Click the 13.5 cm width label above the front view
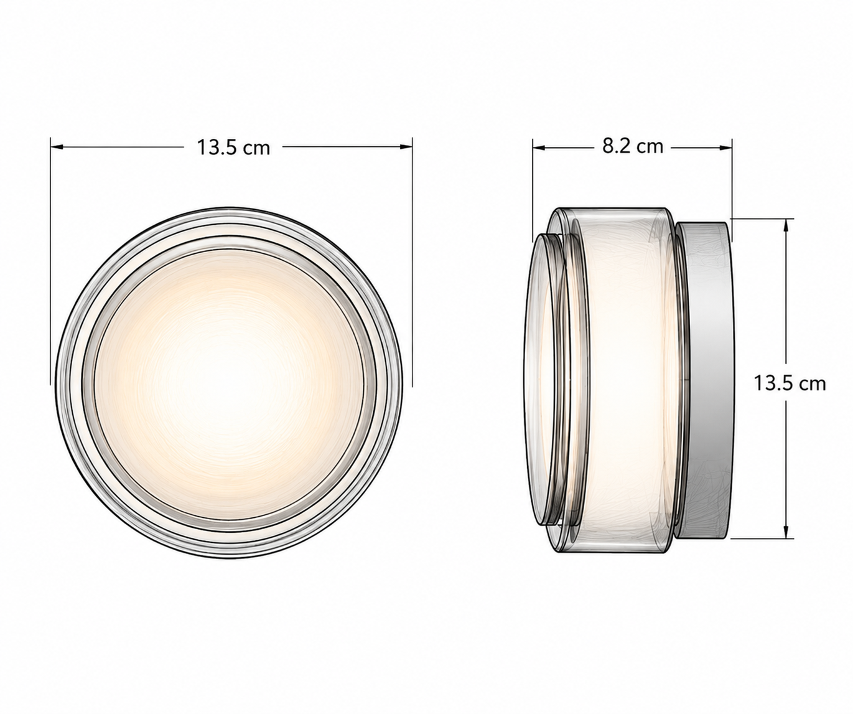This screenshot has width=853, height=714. (x=233, y=148)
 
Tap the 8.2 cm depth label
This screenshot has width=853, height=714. (x=632, y=147)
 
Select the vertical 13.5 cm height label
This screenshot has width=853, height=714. (x=790, y=384)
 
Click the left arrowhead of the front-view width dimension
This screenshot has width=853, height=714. (x=57, y=147)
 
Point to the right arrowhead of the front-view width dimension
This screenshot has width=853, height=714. (x=406, y=147)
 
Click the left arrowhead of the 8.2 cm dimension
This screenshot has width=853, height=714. (x=538, y=147)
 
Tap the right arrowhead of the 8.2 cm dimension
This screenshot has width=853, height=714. (x=725, y=147)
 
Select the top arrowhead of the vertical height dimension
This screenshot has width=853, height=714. (x=785, y=225)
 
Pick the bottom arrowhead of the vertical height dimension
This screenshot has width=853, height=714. (x=785, y=532)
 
